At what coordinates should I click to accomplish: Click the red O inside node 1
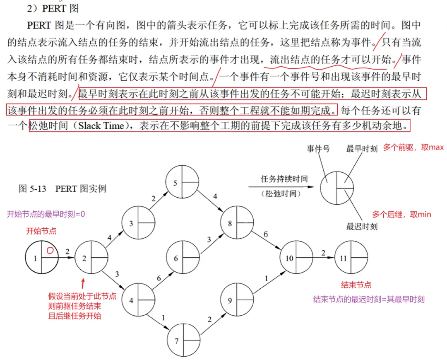click(x=50, y=251)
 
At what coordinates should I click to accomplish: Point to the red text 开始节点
click(x=41, y=231)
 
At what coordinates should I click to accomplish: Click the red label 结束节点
click(x=356, y=285)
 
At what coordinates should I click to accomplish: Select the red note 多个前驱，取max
click(x=413, y=148)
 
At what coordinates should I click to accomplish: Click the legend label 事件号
click(x=318, y=148)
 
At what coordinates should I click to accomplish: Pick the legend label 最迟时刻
click(x=362, y=227)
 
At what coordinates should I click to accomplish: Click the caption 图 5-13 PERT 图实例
click(x=62, y=188)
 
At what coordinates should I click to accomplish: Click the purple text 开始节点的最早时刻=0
click(x=46, y=214)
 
